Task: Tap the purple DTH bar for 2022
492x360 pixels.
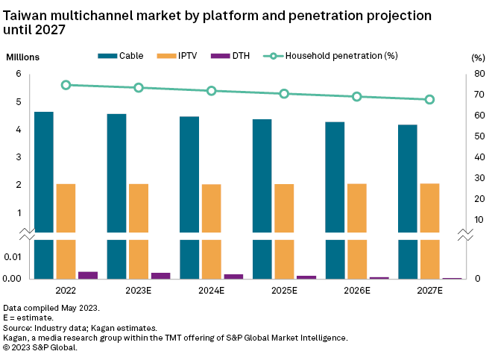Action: (x=88, y=275)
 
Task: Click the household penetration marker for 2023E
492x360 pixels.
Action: (x=139, y=88)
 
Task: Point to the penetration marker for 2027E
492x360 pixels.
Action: (x=429, y=100)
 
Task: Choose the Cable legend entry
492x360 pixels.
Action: (x=123, y=56)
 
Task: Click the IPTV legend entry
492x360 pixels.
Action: (x=174, y=56)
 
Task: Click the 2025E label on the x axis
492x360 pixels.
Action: (x=284, y=290)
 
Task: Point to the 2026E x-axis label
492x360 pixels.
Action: (x=357, y=290)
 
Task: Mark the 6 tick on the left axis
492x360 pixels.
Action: (x=19, y=74)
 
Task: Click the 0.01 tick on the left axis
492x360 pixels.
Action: (x=14, y=257)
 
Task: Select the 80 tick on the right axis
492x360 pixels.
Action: (x=478, y=74)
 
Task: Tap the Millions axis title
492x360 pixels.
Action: (x=23, y=57)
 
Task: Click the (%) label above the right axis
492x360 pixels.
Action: (x=478, y=57)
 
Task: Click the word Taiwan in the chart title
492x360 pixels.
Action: (x=26, y=14)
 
